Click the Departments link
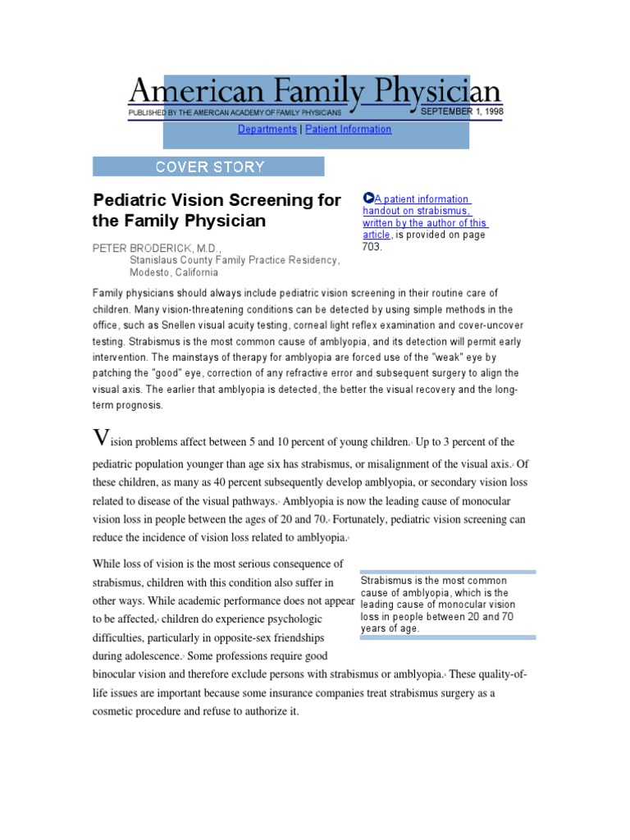(267, 130)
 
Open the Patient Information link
(349, 130)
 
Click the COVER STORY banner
(209, 167)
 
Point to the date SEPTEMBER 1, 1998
(461, 111)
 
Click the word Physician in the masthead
(431, 91)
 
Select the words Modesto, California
(174, 273)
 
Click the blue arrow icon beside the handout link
(367, 199)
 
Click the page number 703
(372, 246)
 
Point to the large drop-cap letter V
(101, 438)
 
